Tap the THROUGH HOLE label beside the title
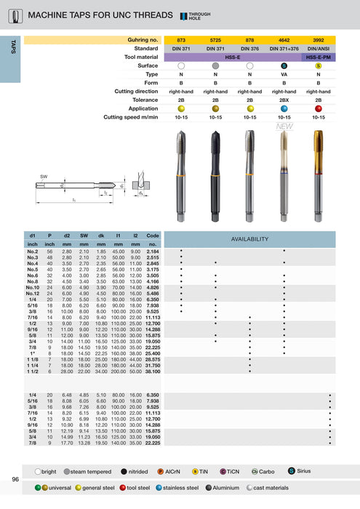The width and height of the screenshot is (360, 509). (199, 15)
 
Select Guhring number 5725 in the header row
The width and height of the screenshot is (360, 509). (215, 39)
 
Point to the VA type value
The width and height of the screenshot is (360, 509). (284, 74)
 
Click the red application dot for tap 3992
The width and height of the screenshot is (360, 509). (318, 108)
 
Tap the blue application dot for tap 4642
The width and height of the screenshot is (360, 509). (284, 108)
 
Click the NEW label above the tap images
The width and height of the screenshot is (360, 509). (284, 127)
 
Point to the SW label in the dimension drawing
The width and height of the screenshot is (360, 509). (44, 177)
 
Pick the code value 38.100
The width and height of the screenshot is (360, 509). (152, 371)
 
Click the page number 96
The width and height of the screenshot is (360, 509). (15, 479)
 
